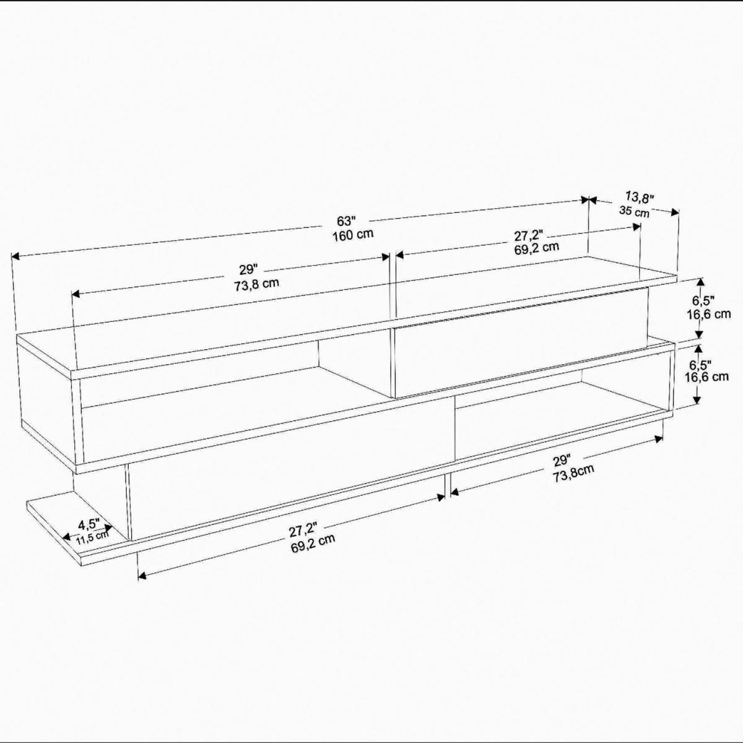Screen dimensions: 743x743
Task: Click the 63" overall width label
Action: point(345,221)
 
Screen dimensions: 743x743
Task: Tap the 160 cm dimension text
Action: point(353,235)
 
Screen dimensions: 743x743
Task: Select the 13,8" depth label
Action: point(640,198)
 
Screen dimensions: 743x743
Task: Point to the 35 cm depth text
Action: point(634,211)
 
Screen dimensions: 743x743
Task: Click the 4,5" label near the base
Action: point(89,524)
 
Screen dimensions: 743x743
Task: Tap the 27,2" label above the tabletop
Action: point(529,235)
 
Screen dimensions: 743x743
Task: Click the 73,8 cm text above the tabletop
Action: point(256,284)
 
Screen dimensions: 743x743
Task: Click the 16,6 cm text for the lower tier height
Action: point(706,376)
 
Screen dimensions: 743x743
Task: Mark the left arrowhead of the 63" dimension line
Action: point(15,256)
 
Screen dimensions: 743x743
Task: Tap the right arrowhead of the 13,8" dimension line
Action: point(675,212)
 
